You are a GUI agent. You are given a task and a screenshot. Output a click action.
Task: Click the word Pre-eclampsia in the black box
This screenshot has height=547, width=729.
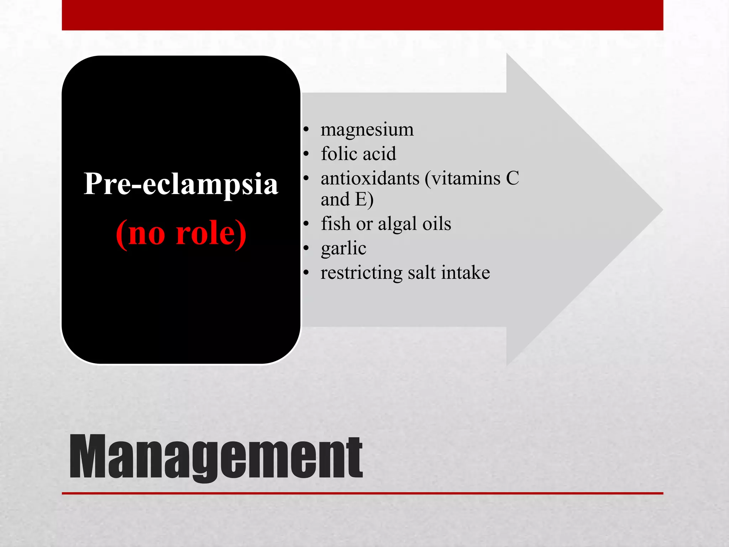[181, 184]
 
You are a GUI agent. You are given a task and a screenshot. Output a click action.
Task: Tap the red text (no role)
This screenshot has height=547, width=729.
[181, 233]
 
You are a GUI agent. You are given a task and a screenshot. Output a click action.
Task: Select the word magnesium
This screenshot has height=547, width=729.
[367, 130]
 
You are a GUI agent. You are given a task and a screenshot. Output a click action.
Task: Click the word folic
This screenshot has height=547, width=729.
[339, 154]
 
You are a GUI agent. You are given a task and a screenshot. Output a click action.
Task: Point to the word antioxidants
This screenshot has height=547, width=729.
[370, 178]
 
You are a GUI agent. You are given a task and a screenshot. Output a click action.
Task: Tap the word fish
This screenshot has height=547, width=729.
[336, 224]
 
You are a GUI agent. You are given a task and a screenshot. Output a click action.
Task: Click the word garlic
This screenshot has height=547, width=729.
[343, 249]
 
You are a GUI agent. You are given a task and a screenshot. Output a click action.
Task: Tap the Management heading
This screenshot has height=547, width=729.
[216, 457]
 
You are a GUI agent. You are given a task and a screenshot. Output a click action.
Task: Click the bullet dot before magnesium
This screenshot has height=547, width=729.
[306, 130]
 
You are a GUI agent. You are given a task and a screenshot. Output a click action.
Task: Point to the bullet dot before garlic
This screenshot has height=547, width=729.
[306, 249]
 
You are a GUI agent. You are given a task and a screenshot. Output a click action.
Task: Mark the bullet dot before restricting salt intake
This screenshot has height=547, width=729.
[306, 273]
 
